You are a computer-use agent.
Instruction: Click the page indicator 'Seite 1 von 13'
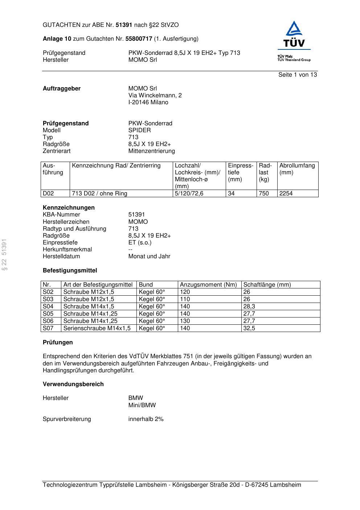tap(297, 75)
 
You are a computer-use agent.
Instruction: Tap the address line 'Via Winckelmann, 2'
tap(155, 96)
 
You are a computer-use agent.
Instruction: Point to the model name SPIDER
tap(139, 130)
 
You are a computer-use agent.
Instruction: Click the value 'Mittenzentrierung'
tap(151, 151)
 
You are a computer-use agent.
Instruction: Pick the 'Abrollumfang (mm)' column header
tap(297, 169)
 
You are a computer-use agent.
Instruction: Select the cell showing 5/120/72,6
tap(189, 194)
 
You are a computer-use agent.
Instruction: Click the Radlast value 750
tap(264, 194)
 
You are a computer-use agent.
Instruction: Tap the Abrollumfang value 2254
tap(286, 194)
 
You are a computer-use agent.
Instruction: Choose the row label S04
tap(48, 307)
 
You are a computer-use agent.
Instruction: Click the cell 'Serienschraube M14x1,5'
tap(97, 328)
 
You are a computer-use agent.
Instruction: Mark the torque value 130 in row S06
tap(185, 321)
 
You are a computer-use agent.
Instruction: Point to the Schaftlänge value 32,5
tap(249, 328)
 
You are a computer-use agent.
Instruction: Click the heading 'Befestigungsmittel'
tap(70, 271)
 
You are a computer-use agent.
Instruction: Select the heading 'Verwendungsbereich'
tap(73, 384)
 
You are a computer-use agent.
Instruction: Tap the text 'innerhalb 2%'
tap(146, 419)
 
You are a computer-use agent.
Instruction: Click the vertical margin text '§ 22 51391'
tap(4, 255)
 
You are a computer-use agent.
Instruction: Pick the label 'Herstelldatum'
tap(61, 256)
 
